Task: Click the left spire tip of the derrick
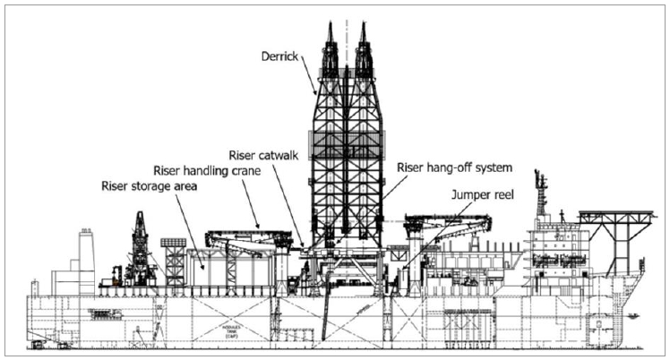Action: tap(331, 24)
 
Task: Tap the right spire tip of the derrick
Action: tap(363, 24)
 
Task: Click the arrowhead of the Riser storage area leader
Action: tap(205, 268)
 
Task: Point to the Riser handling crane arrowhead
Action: tap(261, 227)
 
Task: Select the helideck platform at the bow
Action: tap(614, 215)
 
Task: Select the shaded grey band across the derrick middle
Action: tap(347, 142)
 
